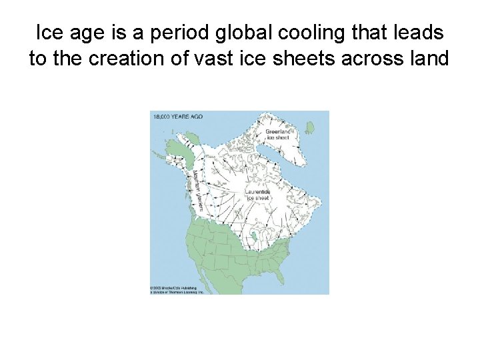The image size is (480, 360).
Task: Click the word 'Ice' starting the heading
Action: coord(48,33)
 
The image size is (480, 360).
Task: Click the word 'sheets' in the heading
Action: coord(303,59)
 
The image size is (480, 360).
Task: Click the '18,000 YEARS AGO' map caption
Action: coord(178,117)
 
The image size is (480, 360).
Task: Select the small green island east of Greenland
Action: coord(309,127)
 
